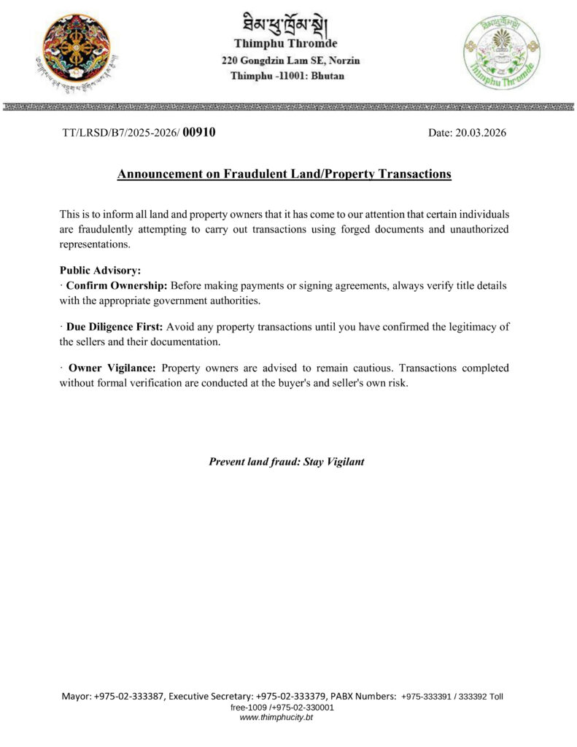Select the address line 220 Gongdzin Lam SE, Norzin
[290, 60]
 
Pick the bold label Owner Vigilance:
[112, 368]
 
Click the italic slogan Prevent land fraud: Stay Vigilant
[287, 462]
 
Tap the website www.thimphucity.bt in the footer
[287, 718]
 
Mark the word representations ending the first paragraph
[95, 244]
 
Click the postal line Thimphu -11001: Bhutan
[287, 75]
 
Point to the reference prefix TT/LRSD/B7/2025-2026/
[120, 133]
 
